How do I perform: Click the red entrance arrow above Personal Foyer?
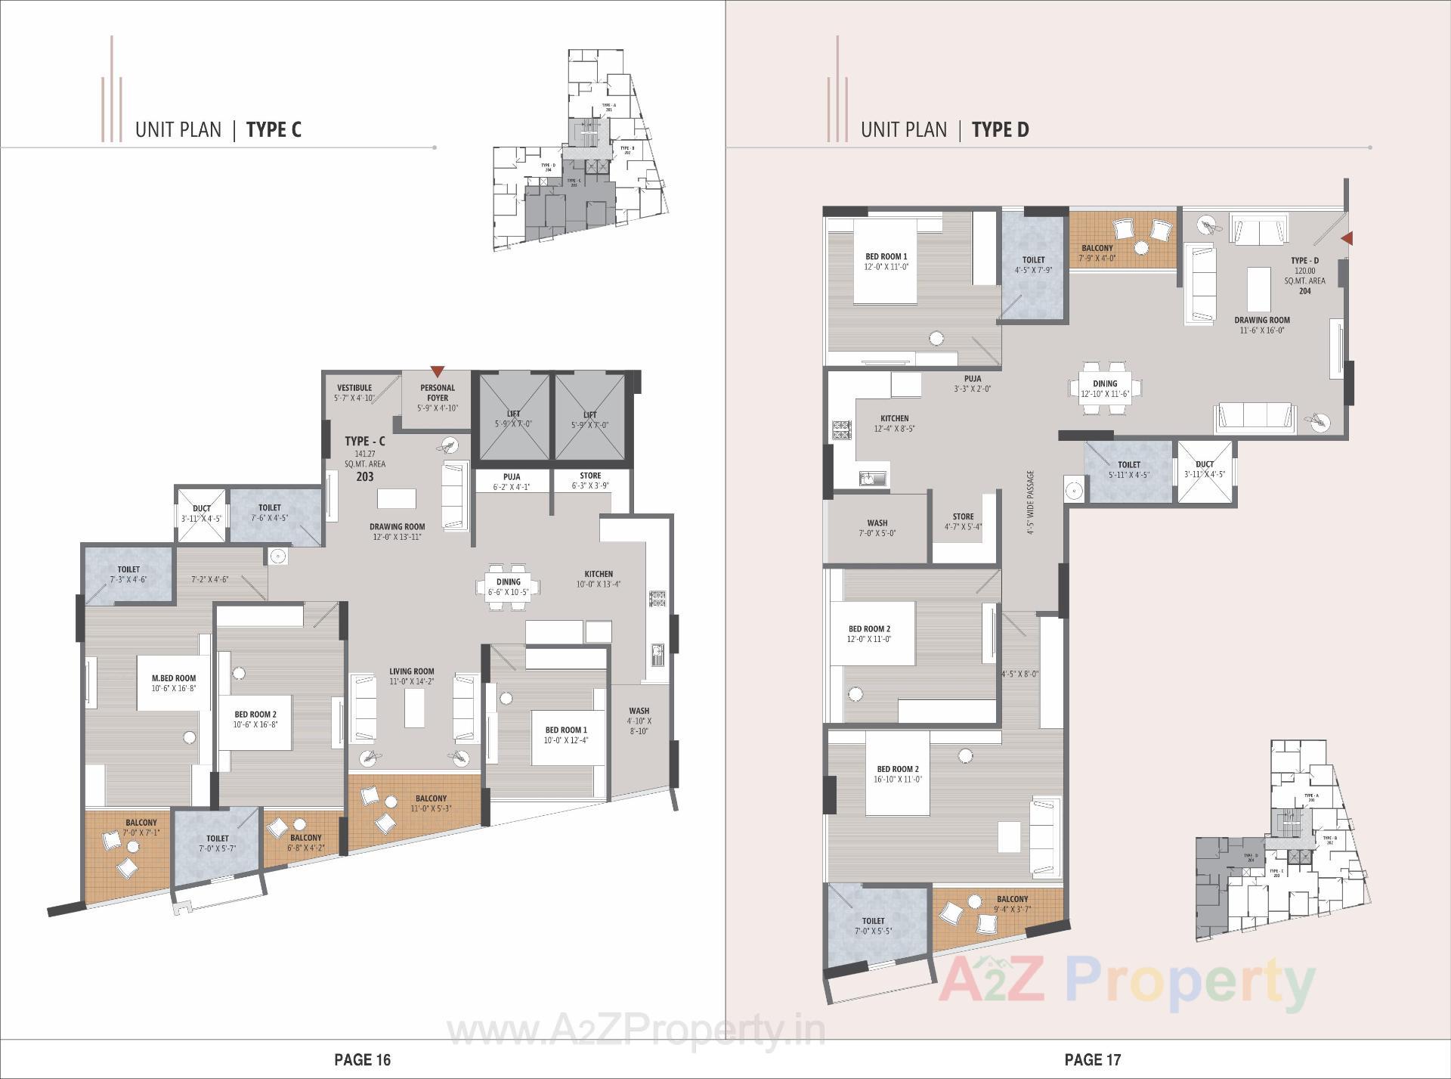[x=437, y=371]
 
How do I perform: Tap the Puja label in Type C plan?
[x=511, y=476]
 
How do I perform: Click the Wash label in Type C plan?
[x=639, y=711]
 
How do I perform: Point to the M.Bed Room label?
[x=174, y=678]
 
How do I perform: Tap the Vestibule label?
[x=354, y=388]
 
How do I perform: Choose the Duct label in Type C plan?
[x=201, y=508]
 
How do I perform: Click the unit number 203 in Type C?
[x=364, y=477]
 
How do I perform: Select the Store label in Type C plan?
[x=590, y=476]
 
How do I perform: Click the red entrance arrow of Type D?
[x=1346, y=239]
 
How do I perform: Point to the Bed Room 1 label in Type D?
[x=886, y=257]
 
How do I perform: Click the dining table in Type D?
[x=1104, y=388]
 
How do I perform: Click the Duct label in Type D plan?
[x=1205, y=464]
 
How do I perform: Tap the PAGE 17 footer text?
[x=1092, y=1060]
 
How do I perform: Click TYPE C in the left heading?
[x=274, y=130]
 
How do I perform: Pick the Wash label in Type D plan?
[x=877, y=522]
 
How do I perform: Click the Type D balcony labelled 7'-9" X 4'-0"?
[x=1097, y=248]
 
